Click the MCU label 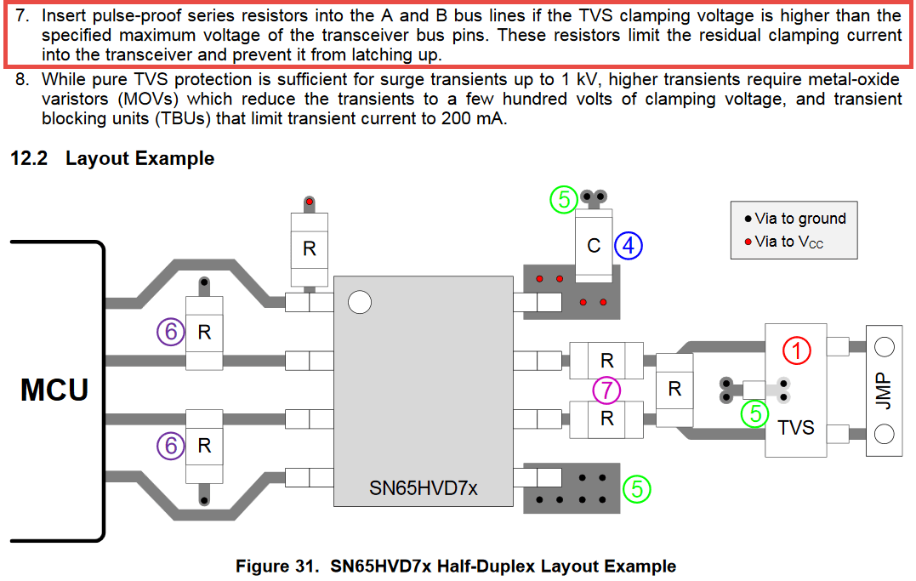(54, 390)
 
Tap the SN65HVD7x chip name (424, 487)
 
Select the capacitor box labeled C (594, 246)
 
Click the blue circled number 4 (628, 246)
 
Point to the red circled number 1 (796, 350)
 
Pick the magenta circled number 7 (606, 390)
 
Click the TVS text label (796, 427)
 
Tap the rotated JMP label (884, 390)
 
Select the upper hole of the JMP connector (884, 347)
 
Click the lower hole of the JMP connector (884, 435)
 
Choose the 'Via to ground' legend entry (795, 219)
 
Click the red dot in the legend (748, 242)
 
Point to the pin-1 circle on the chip (359, 302)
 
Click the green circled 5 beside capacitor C (564, 199)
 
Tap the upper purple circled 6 (171, 332)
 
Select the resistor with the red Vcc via (309, 249)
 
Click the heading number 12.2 (29, 158)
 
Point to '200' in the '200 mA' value (456, 118)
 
